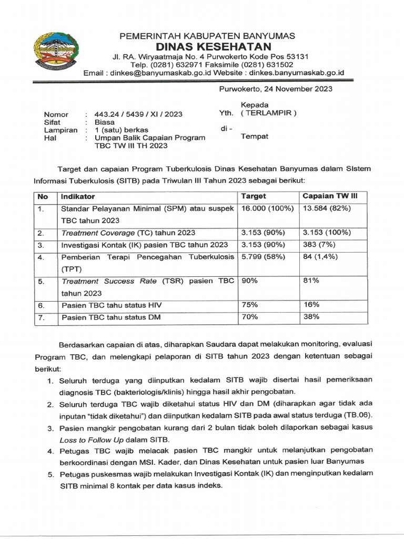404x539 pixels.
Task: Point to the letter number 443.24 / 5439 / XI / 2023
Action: (139, 114)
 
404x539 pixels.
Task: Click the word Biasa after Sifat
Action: (105, 122)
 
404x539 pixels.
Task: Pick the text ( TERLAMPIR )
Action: (268, 113)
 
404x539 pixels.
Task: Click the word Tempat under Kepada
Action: (254, 136)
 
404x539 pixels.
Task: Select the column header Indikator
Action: (78, 196)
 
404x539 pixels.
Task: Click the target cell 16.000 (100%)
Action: (267, 208)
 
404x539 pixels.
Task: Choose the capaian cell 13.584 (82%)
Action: (327, 208)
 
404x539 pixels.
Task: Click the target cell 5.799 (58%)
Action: (263, 257)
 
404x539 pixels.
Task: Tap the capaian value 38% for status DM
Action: (311, 317)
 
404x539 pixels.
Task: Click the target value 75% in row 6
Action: (249, 305)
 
